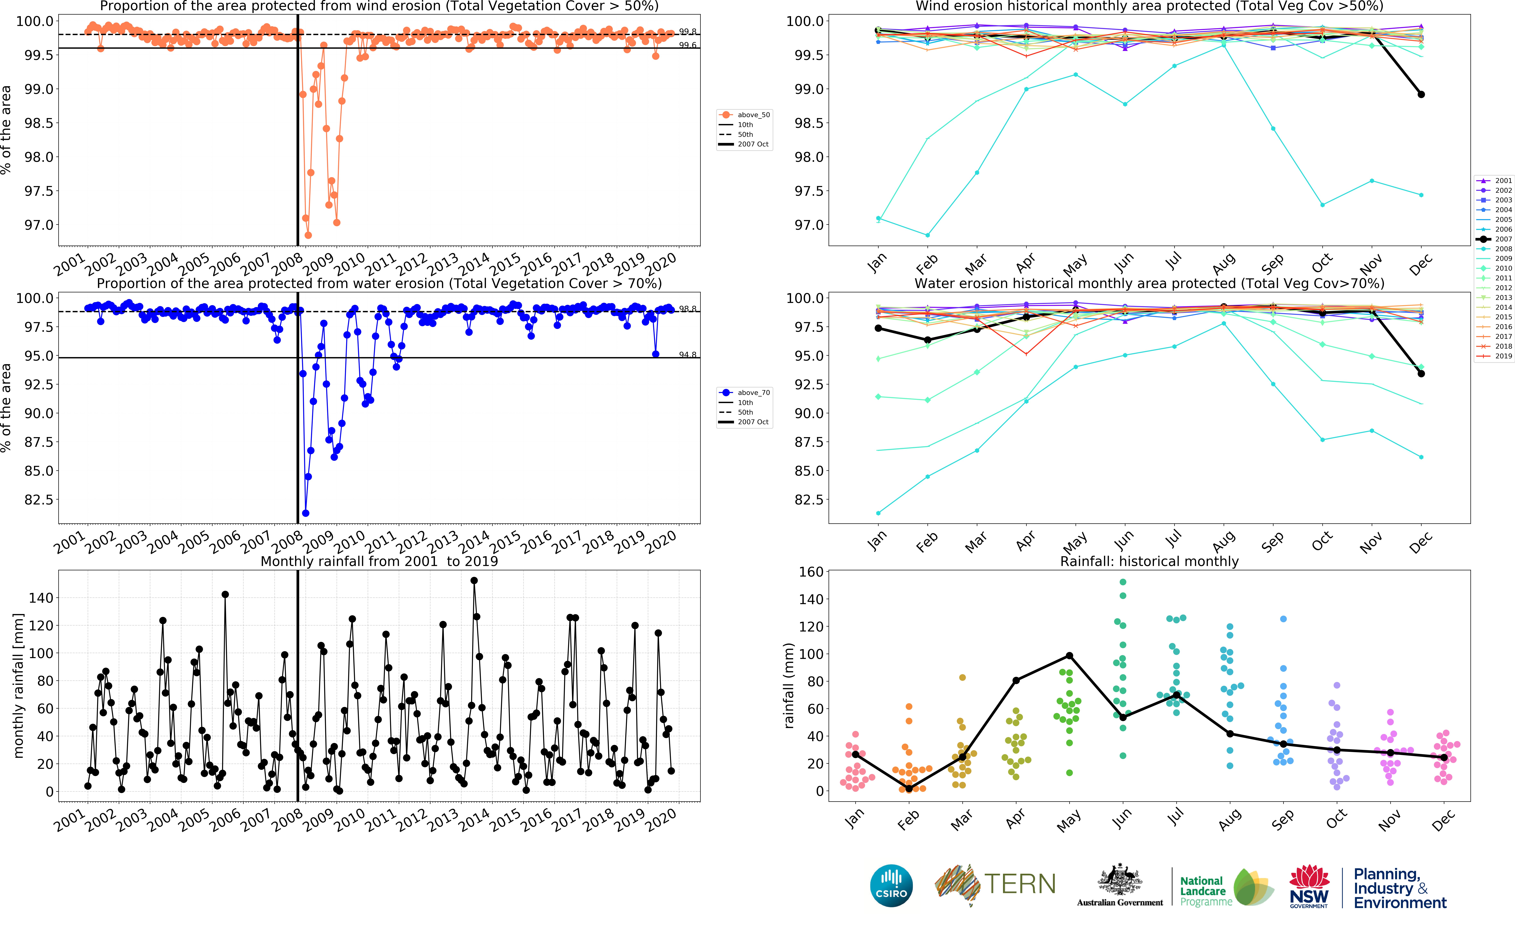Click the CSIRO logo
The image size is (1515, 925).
(x=891, y=886)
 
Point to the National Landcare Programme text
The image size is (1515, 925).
(x=1203, y=891)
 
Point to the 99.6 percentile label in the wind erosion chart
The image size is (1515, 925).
(x=687, y=45)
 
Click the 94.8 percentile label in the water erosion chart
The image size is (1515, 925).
(x=687, y=355)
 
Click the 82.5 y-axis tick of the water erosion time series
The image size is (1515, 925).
(x=38, y=500)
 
